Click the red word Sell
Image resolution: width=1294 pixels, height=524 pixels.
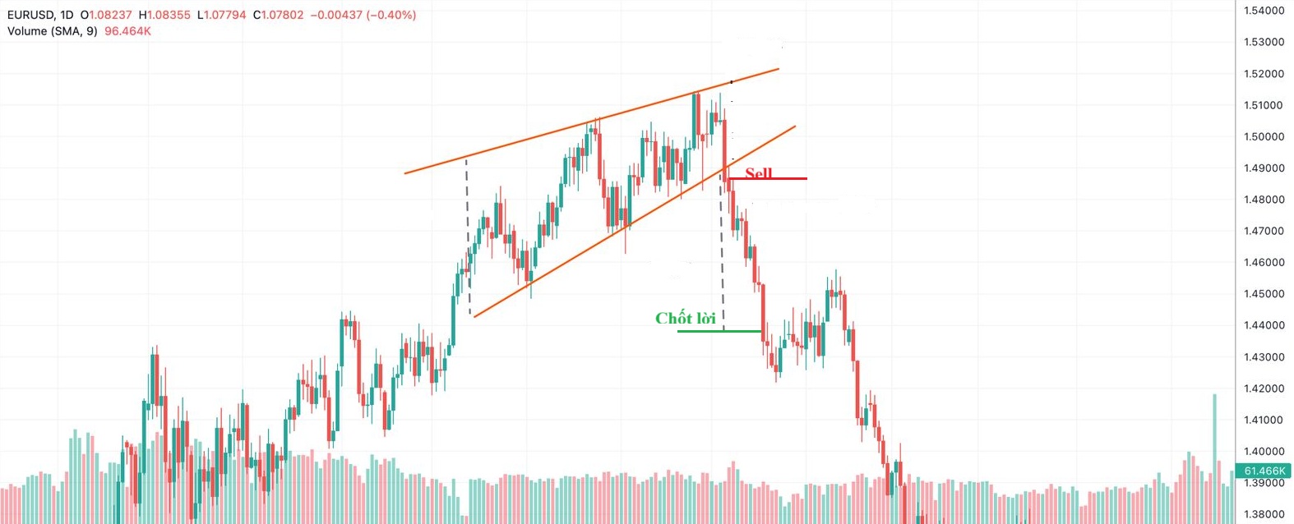[x=758, y=172]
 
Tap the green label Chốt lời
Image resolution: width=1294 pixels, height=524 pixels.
[x=685, y=318]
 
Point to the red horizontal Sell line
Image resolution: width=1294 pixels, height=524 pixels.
[x=777, y=178]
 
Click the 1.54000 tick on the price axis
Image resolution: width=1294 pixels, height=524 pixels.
[x=1264, y=11]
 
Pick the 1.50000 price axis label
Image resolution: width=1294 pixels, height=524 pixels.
[x=1264, y=136]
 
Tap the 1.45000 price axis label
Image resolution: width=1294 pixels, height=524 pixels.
[x=1264, y=294]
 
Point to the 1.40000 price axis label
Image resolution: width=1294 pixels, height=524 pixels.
[x=1264, y=452]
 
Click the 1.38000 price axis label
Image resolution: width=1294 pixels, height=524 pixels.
[x=1264, y=515]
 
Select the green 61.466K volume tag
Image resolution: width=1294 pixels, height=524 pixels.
[x=1264, y=471]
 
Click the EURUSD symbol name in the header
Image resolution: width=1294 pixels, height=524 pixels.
[x=30, y=15]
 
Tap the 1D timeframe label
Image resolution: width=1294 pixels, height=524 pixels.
[x=67, y=15]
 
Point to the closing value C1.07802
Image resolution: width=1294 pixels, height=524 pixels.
[x=278, y=15]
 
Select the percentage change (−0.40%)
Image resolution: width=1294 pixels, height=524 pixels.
[x=390, y=15]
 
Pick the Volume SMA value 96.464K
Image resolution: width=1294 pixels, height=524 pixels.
[x=127, y=31]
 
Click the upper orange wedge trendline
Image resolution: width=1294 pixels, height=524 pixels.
[x=592, y=121]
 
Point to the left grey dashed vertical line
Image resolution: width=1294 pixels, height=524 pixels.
[x=468, y=238]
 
